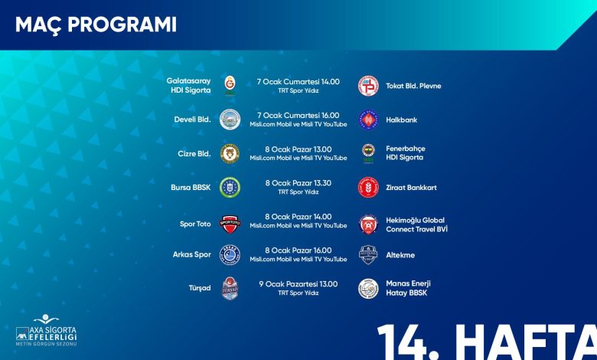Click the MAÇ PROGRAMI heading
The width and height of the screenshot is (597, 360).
tap(96, 25)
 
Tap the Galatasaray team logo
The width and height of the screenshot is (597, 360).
tap(230, 86)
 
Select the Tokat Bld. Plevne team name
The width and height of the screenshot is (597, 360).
tap(413, 86)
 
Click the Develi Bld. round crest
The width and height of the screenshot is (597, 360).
tap(230, 119)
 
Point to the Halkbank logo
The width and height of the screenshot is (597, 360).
tap(369, 119)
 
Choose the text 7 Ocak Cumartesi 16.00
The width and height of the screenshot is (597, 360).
tap(298, 115)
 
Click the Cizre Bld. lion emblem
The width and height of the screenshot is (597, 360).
tap(230, 153)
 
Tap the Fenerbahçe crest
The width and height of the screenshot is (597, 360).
tap(368, 153)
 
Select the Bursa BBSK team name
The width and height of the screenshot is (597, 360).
tap(191, 188)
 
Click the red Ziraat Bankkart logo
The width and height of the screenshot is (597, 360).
tap(369, 188)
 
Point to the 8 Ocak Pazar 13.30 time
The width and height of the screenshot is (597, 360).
tap(298, 183)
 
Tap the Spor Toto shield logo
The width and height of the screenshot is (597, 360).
tap(230, 224)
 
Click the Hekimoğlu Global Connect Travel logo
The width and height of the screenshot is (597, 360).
tap(369, 224)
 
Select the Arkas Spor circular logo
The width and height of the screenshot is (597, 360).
tap(230, 255)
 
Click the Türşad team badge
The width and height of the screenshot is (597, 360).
tap(230, 288)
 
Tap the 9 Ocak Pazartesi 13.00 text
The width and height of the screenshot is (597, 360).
tap(298, 284)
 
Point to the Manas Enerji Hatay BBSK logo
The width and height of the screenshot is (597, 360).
tap(369, 289)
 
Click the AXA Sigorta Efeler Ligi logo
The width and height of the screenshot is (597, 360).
tap(46, 330)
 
